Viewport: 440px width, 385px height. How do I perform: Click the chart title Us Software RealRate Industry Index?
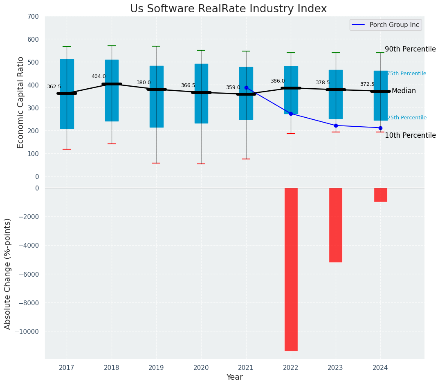228,9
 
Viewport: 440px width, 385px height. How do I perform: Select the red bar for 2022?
291,269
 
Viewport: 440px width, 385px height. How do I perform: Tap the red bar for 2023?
336,225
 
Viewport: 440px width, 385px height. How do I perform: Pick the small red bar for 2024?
380,195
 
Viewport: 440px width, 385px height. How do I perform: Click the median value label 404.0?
99,76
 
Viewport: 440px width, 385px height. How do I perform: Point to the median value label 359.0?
233,87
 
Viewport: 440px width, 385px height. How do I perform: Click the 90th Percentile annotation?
410,49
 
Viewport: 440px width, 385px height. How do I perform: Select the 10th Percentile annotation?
410,135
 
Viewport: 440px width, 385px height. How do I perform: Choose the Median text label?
404,91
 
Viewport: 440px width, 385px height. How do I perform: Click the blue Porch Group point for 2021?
246,87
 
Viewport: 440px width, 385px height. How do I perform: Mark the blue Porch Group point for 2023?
336,125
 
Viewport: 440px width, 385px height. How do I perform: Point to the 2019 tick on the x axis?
156,368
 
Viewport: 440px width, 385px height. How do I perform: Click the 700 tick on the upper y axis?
34,16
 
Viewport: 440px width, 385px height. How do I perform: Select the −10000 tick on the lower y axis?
28,331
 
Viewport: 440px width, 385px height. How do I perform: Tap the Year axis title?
235,377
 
